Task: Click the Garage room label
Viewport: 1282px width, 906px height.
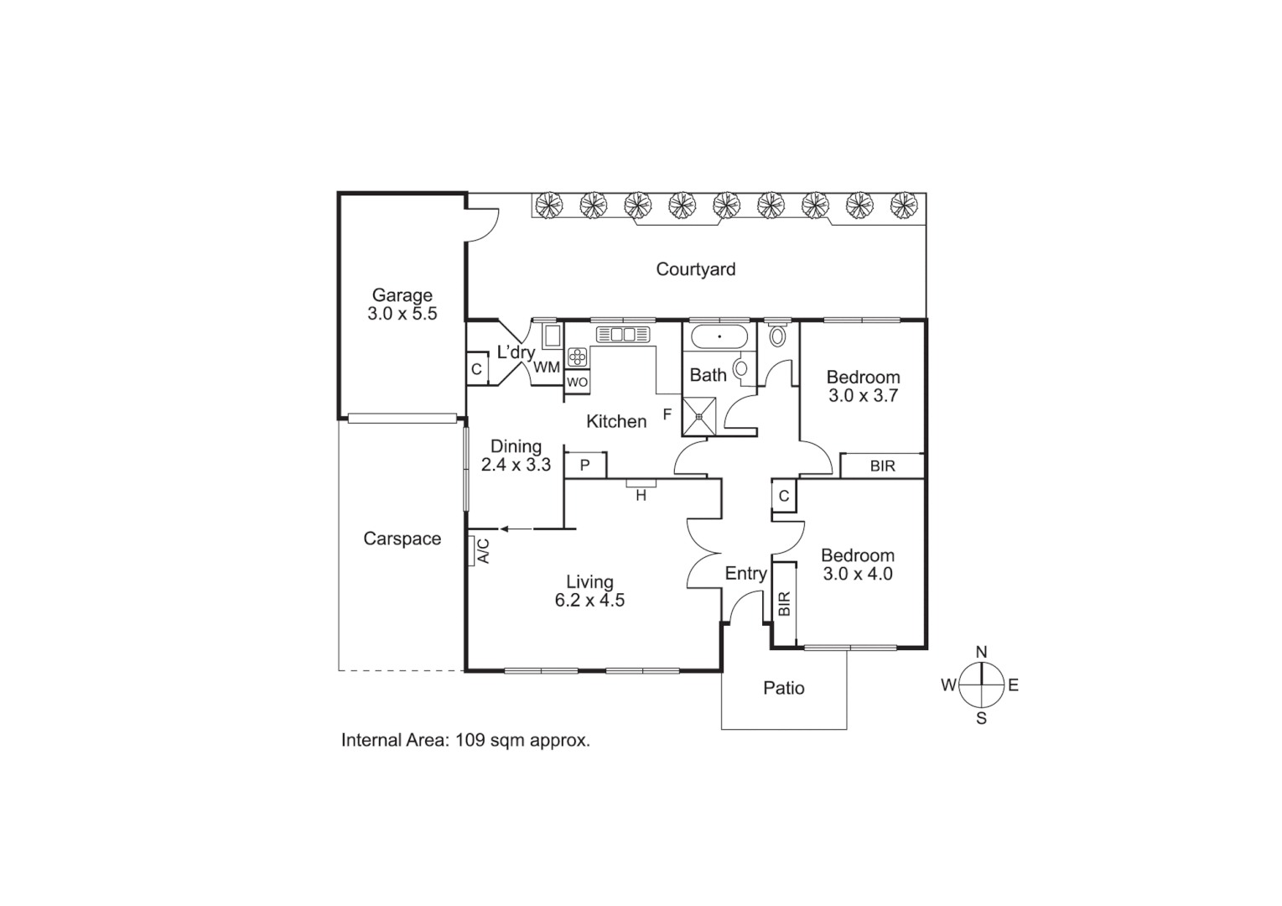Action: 402,295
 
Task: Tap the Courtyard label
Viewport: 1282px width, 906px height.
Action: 695,269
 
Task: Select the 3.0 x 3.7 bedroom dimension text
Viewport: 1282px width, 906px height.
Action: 863,396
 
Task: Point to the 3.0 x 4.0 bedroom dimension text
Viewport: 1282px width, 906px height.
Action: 857,575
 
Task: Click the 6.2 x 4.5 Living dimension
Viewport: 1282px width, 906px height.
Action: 589,601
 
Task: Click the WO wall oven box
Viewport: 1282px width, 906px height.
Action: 577,382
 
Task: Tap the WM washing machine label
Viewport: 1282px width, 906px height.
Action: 547,367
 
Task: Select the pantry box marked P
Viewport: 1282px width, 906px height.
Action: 585,465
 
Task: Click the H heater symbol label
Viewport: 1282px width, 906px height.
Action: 641,496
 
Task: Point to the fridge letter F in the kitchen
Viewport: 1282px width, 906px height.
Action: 667,414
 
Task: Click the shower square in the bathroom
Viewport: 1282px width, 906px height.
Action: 698,417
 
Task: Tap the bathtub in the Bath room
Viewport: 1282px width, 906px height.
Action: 719,337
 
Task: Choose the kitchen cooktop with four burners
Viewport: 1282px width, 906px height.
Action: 577,357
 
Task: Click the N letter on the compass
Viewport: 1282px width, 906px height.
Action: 981,652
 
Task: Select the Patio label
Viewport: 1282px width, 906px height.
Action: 783,689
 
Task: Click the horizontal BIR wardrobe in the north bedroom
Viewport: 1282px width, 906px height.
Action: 882,466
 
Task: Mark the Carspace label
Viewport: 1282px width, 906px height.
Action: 402,539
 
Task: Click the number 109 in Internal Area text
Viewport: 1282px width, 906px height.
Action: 472,741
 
